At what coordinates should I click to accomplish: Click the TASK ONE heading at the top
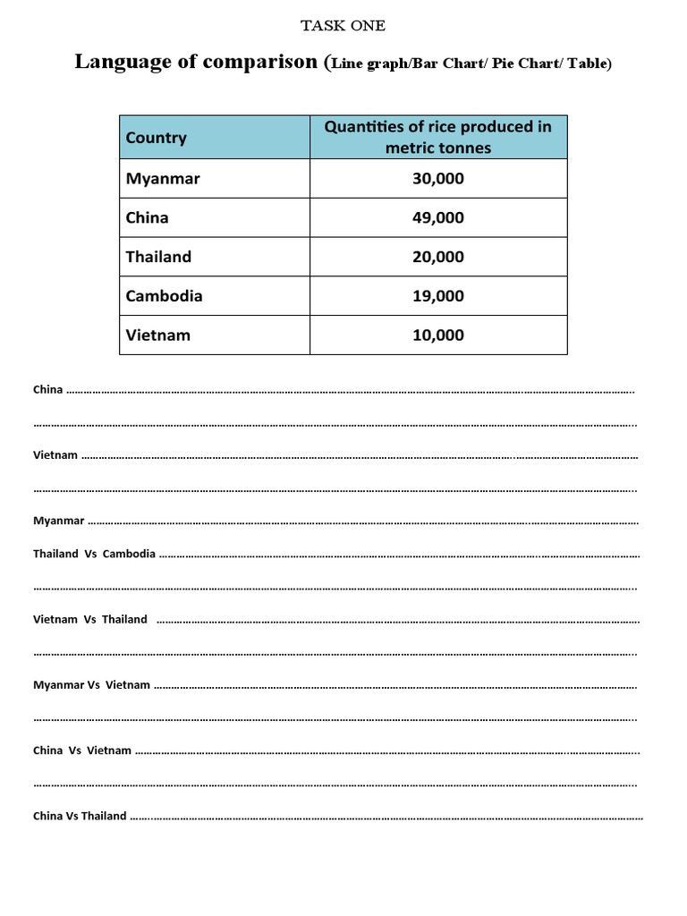click(343, 26)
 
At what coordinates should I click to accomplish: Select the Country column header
click(157, 138)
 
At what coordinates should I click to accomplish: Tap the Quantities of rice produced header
click(438, 137)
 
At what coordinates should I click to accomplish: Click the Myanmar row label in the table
click(163, 179)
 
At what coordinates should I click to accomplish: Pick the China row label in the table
click(148, 217)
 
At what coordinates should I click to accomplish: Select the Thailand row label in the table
click(158, 257)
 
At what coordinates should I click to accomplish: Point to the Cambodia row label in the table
click(164, 296)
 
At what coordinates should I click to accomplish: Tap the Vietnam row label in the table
click(157, 335)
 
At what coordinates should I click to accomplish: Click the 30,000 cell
click(438, 179)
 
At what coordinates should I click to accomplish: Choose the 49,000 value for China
click(438, 217)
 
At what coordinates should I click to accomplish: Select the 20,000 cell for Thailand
click(438, 257)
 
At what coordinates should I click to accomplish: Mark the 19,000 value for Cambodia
click(438, 296)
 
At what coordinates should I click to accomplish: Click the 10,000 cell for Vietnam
click(438, 335)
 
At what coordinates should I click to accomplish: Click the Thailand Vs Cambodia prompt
click(94, 554)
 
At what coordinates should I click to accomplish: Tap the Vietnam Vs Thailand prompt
click(90, 619)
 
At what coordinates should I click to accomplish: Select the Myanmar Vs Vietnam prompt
click(91, 685)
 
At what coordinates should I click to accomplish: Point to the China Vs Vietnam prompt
click(82, 751)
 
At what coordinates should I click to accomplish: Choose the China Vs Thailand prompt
click(80, 816)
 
